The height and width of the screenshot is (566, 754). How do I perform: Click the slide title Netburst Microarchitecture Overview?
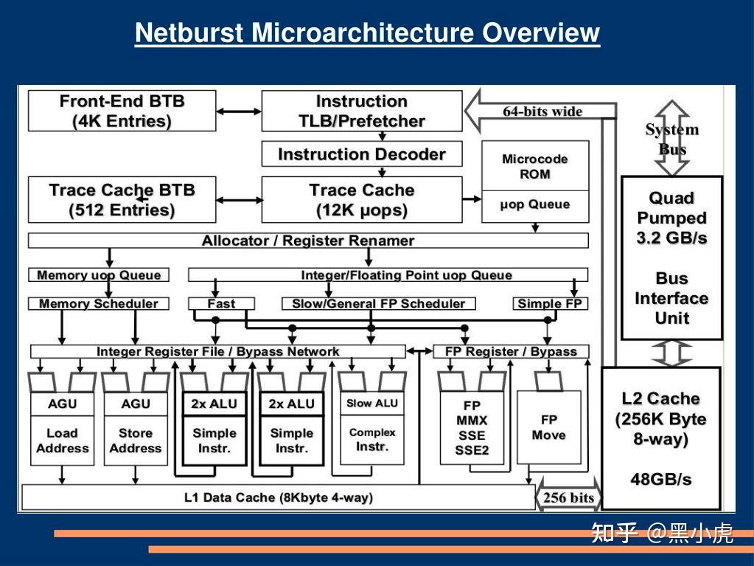367,33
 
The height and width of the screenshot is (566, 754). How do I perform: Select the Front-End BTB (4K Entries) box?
122,111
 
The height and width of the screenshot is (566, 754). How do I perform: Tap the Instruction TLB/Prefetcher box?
361,111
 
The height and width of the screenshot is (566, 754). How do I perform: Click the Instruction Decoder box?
361,154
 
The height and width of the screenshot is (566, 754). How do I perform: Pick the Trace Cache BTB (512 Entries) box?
122,199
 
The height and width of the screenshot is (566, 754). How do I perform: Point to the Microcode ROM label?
535,167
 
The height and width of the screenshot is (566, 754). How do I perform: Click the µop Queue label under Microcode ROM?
535,205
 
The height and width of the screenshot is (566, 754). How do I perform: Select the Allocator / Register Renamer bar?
308,241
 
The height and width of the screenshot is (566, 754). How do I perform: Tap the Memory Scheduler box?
98,303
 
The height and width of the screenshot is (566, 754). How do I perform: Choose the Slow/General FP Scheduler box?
378,303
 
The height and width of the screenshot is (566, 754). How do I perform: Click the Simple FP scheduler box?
550,303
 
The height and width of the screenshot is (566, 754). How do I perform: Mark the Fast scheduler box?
221,303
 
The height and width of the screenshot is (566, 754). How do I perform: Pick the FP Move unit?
548,428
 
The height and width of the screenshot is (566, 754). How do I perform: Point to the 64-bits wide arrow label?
542,111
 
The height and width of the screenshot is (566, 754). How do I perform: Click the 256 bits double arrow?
568,497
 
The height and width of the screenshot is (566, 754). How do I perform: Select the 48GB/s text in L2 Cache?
660,479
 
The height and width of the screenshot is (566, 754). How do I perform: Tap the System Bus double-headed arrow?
671,139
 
